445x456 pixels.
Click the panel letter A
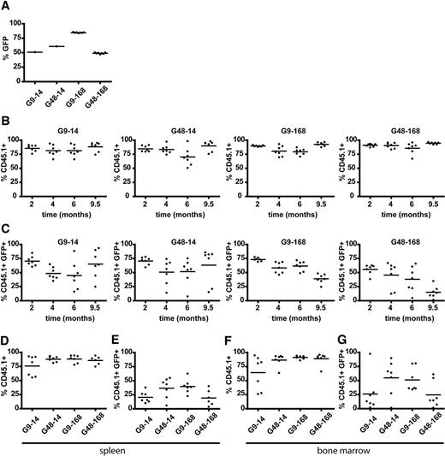coord(5,6)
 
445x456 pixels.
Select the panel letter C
coord(5,225)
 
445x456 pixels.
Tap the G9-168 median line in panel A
coord(78,33)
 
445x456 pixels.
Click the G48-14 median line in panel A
coord(56,46)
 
